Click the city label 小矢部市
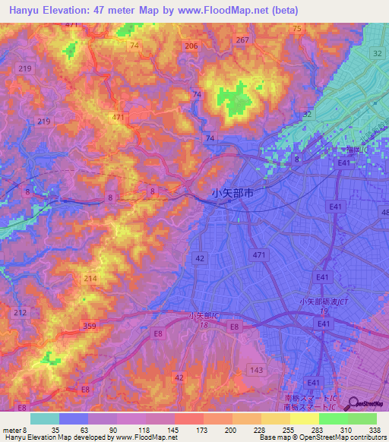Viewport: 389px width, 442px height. (232, 194)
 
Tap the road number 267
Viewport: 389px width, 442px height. (242, 39)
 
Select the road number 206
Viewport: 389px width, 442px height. (191, 46)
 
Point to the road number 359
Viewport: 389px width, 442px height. (90, 327)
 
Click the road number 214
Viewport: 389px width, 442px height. (90, 279)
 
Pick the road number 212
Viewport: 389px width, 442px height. (20, 312)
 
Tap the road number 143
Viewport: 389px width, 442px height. (257, 370)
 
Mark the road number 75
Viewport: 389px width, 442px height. (296, 28)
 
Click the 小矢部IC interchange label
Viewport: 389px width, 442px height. (204, 315)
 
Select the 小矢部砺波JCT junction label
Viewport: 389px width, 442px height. (324, 302)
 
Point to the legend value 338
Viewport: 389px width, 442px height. (375, 429)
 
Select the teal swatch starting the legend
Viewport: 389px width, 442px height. (45, 418)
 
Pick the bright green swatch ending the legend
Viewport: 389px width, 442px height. (362, 418)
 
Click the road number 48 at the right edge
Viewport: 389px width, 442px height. (383, 212)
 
